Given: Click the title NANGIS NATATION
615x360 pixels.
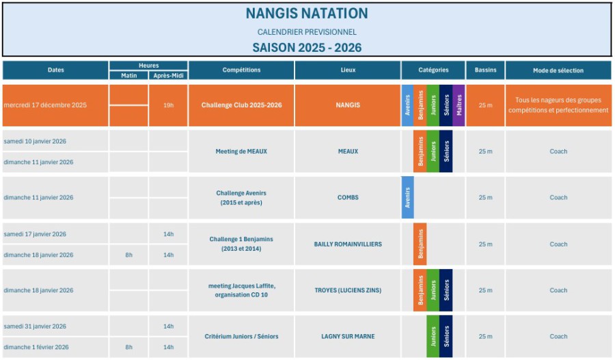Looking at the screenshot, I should [x=307, y=14].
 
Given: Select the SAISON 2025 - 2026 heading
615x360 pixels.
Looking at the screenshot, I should [x=307, y=48].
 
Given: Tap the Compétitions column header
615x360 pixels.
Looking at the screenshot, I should [x=241, y=70].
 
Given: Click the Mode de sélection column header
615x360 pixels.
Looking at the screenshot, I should [x=558, y=70].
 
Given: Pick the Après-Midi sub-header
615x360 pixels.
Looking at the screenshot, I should [x=167, y=75].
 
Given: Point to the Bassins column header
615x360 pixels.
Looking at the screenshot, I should [x=485, y=70].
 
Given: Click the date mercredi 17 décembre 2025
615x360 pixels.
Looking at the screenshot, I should [x=45, y=105].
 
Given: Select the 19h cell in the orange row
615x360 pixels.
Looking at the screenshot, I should [x=168, y=105].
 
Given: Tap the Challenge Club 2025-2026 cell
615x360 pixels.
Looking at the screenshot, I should [x=241, y=105].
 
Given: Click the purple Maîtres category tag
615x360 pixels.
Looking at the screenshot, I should [x=459, y=106].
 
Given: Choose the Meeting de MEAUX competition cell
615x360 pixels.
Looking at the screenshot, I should [x=241, y=152].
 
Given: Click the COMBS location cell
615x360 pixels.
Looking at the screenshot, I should [x=348, y=197].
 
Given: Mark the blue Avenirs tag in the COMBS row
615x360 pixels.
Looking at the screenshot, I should [x=407, y=197].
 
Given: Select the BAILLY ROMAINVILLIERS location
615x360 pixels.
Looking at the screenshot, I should [x=348, y=244].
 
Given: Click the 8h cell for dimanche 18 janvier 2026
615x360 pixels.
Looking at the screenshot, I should [x=128, y=255].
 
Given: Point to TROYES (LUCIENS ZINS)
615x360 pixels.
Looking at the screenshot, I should [x=348, y=290].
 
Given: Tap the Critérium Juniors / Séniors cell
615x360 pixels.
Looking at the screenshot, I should [x=241, y=336].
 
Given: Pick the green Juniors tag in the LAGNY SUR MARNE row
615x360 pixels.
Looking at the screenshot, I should [x=433, y=336].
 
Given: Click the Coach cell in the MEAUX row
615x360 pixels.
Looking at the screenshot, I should [x=558, y=152].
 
